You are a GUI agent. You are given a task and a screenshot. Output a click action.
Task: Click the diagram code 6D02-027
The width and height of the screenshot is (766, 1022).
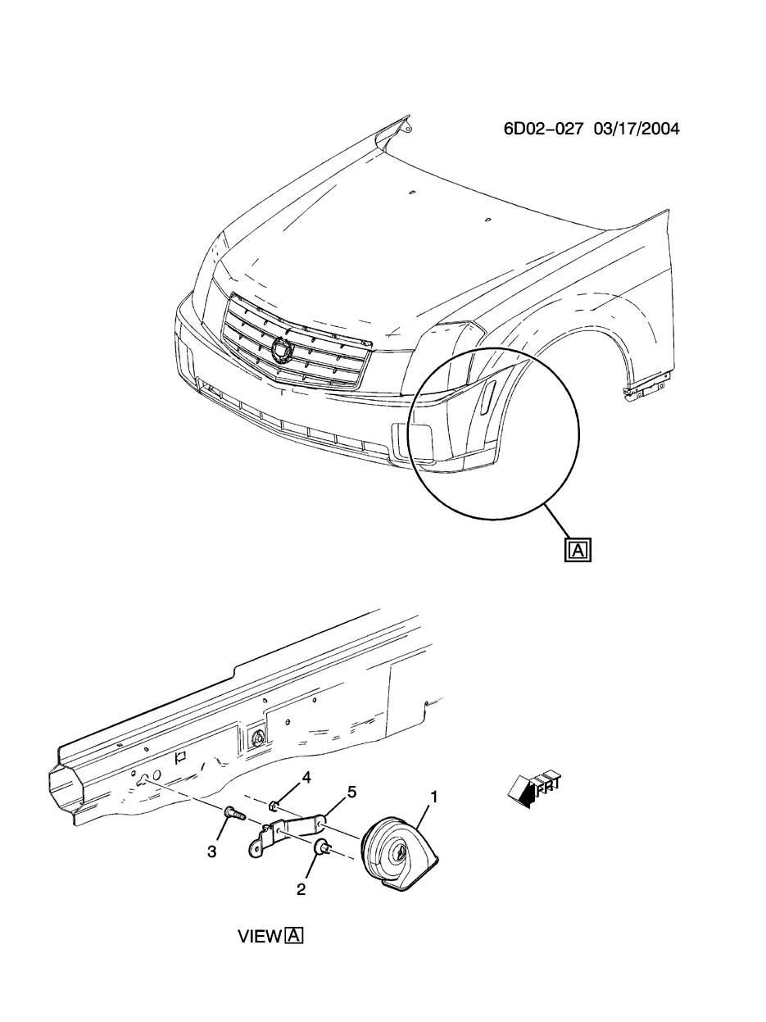click(544, 129)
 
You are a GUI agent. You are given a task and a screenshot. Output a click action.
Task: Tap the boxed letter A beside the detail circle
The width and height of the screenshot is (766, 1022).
click(578, 549)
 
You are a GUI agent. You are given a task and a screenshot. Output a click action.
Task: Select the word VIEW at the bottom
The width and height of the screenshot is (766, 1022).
click(260, 936)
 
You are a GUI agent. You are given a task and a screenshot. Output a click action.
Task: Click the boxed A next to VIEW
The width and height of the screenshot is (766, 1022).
click(294, 935)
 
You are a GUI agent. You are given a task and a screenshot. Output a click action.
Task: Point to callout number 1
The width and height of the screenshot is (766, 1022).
click(434, 796)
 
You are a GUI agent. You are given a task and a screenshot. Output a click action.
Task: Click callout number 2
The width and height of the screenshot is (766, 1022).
click(301, 889)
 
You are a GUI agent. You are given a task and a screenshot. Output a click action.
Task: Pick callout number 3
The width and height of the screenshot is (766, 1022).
click(211, 852)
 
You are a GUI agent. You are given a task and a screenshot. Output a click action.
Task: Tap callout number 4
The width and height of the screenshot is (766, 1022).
click(307, 776)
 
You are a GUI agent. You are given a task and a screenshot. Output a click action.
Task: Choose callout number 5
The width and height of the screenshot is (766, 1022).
click(351, 792)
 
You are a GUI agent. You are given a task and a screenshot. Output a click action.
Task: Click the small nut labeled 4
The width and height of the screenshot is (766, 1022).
click(276, 807)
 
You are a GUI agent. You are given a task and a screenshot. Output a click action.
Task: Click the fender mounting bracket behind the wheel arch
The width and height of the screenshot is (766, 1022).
click(643, 389)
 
